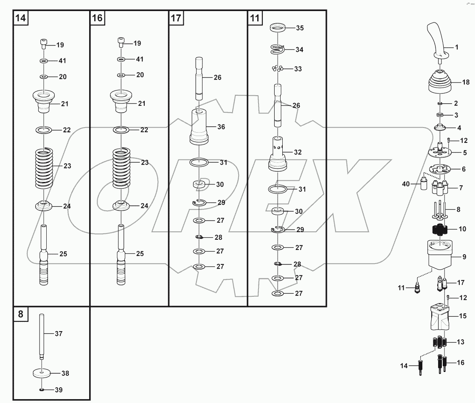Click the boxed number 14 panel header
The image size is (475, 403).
(x=20, y=18)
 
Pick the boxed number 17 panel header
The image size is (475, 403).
(x=176, y=18)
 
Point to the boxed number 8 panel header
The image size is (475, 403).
(x=20, y=314)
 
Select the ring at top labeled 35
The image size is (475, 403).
(x=277, y=28)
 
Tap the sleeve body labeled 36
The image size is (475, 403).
(x=200, y=126)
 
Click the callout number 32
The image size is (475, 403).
(x=298, y=152)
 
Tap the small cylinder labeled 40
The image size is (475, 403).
(x=423, y=185)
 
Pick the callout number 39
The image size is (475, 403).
(x=59, y=389)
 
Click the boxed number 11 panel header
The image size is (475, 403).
(x=255, y=18)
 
